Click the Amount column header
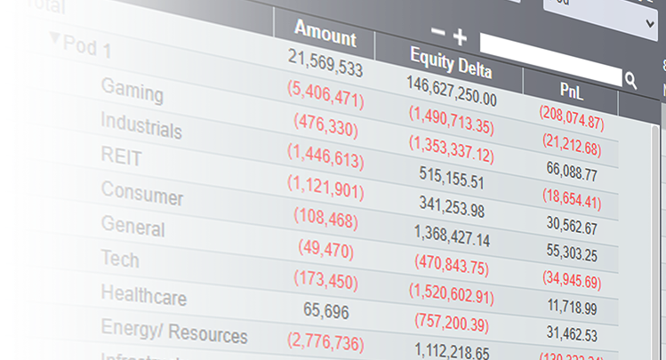325,36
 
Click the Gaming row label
132,91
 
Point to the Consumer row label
142,192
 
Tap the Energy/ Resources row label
174,332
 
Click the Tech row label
120,259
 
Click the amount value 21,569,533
325,63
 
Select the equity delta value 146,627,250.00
451,92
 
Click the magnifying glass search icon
630,81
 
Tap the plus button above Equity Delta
459,36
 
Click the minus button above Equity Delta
437,33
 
